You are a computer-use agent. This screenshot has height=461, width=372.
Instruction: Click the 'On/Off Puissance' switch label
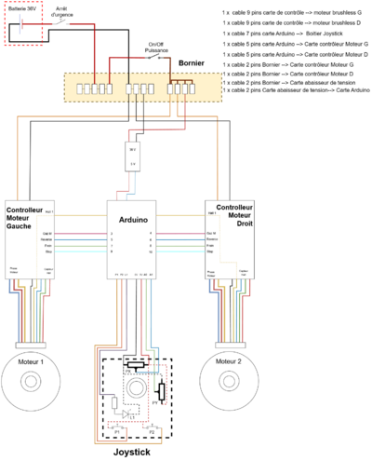point(156,47)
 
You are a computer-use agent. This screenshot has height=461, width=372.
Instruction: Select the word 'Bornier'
point(193,63)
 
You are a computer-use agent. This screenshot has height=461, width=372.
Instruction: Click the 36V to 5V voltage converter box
point(134,157)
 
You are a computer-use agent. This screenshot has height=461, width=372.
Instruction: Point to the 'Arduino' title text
point(135,211)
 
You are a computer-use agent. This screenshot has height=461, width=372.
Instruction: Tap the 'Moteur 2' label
point(229,359)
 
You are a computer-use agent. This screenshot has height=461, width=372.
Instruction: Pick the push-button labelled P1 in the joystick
point(118,431)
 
